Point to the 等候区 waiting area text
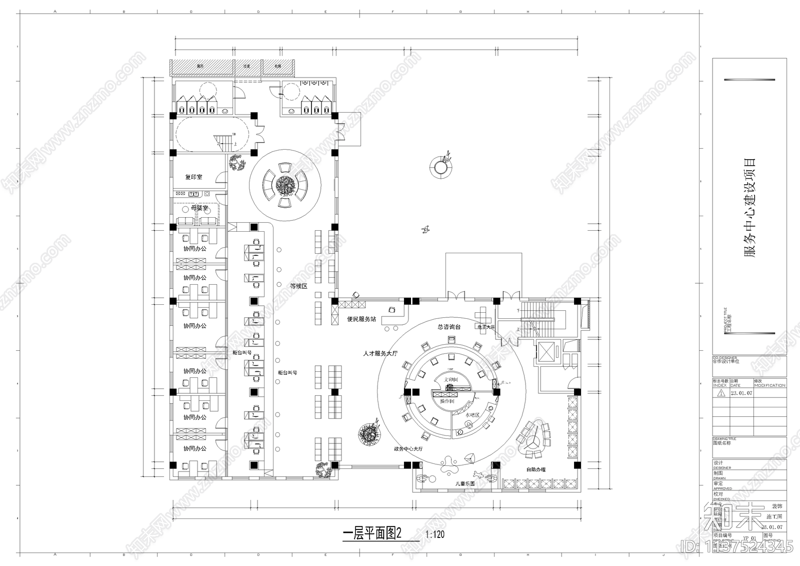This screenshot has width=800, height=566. [298, 286]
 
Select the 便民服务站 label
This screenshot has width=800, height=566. [361, 319]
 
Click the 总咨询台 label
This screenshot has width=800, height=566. [448, 327]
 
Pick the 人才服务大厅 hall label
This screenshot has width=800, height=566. [380, 353]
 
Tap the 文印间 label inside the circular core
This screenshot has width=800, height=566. [450, 380]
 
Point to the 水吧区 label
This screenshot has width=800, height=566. [472, 415]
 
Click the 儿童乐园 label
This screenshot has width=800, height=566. [464, 484]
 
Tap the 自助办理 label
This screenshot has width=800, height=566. [535, 469]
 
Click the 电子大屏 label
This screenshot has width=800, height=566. [485, 327]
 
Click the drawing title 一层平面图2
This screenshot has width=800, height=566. [372, 533]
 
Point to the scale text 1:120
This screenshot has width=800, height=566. [434, 534]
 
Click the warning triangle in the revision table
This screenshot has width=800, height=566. [720, 393]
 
